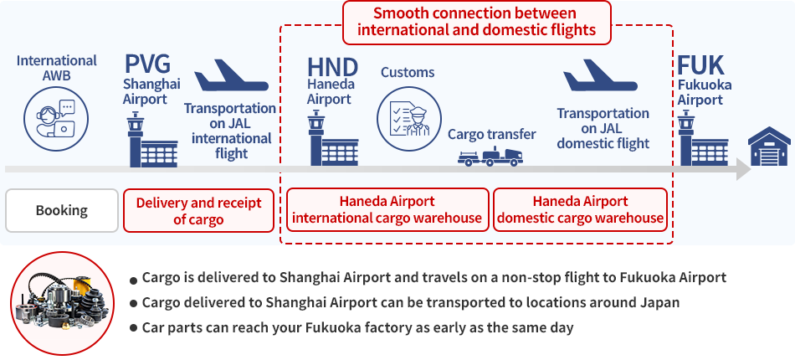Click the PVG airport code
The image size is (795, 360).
[x=147, y=64]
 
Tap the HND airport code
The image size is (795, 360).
[x=332, y=67]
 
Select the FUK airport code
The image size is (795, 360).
[x=700, y=66]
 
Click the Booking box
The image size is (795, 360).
[x=62, y=210]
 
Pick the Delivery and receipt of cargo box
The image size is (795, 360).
[x=199, y=210]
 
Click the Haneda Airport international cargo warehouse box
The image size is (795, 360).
[x=387, y=209]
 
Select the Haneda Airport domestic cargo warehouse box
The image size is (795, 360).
[x=580, y=209]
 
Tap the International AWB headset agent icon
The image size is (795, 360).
[x=56, y=119]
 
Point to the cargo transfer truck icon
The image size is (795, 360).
[x=490, y=157]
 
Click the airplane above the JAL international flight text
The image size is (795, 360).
[x=231, y=75]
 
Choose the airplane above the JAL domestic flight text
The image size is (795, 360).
[x=600, y=75]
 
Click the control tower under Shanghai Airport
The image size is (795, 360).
[x=152, y=140]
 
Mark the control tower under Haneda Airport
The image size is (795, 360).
[x=333, y=140]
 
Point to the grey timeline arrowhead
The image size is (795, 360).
[x=743, y=169]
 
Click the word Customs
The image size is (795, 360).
[x=408, y=72]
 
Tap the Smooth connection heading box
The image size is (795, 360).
[x=477, y=22]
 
